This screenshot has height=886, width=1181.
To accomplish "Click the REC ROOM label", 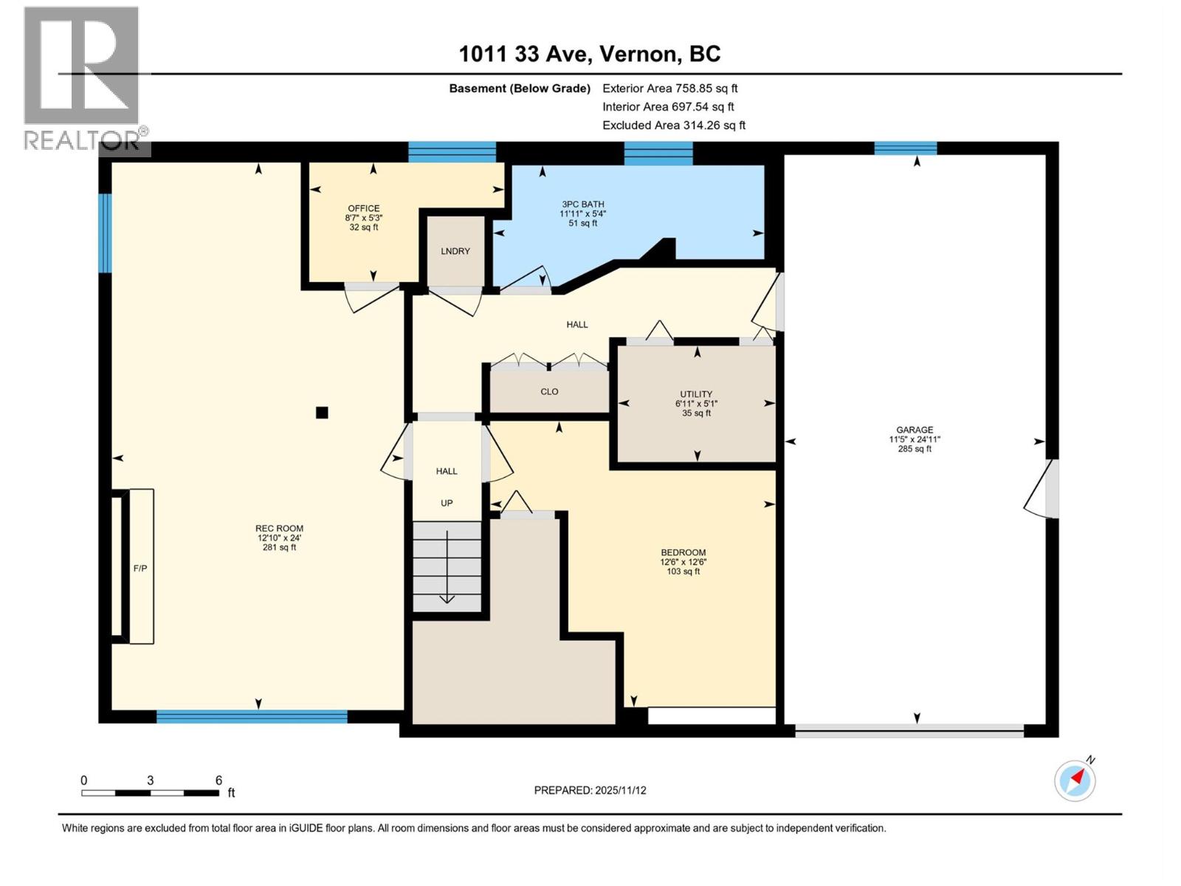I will tap(279, 529).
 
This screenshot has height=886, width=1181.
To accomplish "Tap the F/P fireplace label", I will tap(140, 568).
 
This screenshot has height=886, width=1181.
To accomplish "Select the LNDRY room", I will tap(455, 251).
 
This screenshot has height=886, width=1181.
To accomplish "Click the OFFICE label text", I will tap(364, 208).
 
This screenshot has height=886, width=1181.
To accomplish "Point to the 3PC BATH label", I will tap(582, 205).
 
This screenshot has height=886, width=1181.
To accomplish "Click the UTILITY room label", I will tap(696, 394).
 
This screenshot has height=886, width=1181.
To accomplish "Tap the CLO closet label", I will tap(549, 391).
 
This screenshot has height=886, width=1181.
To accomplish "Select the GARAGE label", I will tap(915, 430).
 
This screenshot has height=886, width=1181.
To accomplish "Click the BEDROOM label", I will tap(683, 552).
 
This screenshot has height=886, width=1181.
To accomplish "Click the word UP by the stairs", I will tap(447, 503).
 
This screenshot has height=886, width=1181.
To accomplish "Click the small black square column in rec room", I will tap(322, 413).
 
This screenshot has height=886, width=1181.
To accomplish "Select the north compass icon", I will tap(1075, 780).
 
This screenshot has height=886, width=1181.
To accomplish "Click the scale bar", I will tap(150, 793).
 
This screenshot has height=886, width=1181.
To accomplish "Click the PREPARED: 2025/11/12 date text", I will tap(590, 790).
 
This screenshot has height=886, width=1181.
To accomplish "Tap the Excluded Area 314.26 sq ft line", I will tap(673, 126).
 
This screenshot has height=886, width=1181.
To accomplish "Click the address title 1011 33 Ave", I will tap(589, 54).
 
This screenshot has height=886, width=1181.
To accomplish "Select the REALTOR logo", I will tap(82, 78).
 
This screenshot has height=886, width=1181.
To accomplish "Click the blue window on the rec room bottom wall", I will tap(252, 716).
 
